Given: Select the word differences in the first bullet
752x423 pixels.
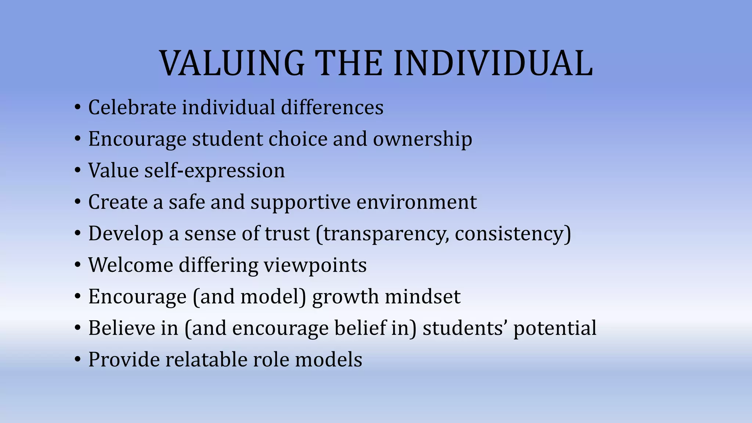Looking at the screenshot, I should [x=332, y=108].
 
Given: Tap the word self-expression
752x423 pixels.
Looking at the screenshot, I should [x=214, y=171].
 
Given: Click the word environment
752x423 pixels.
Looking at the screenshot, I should [x=416, y=202].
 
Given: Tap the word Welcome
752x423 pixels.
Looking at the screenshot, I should [x=130, y=265].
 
